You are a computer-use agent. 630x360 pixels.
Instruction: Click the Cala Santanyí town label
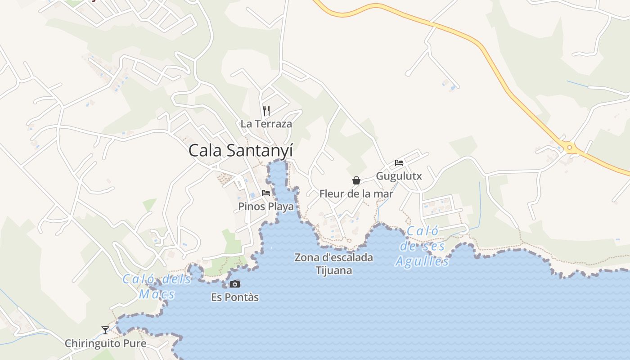240,150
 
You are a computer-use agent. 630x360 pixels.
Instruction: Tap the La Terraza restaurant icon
266,110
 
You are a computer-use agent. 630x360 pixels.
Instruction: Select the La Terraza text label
266,124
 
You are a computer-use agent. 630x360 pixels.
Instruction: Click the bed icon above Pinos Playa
266,193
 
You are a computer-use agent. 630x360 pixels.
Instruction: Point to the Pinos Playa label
266,207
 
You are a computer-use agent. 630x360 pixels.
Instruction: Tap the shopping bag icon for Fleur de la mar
356,180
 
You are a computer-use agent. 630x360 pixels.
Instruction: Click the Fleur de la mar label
356,194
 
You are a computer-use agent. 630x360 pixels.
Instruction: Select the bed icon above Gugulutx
399,162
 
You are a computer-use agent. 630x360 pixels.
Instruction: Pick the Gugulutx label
399,176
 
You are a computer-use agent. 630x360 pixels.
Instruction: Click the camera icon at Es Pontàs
235,284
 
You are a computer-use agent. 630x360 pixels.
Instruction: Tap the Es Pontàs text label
235,297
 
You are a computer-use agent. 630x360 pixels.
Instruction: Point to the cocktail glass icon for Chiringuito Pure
105,330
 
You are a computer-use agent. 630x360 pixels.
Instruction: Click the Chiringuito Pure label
105,344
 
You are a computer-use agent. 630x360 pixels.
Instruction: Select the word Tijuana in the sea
333,270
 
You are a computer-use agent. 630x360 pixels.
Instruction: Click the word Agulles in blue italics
422,261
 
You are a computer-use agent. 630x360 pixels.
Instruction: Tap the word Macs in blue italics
157,295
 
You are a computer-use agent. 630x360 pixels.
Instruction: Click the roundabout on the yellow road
570,147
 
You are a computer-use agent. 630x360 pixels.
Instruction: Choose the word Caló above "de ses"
423,231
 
